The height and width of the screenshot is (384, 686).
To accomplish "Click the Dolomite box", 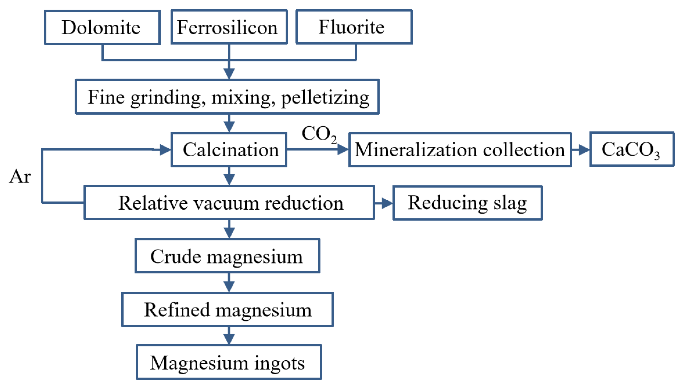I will (x=102, y=27).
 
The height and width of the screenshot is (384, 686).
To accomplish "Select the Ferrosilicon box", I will (x=229, y=27).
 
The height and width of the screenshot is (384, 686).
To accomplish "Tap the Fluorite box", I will (x=354, y=27).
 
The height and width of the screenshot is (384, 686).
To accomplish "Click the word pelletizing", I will (x=325, y=98).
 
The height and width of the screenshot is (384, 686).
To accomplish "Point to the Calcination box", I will (x=229, y=150).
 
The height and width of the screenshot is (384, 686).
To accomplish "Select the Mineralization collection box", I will (x=460, y=150).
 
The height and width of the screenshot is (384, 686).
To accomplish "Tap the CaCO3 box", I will (x=632, y=149).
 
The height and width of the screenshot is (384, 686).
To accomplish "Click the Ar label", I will (x=20, y=176).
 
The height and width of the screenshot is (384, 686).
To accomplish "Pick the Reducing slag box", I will (x=467, y=203).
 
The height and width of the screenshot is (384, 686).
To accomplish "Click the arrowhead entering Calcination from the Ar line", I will (x=165, y=150).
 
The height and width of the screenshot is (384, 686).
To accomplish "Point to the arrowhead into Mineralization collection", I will (x=343, y=149).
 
